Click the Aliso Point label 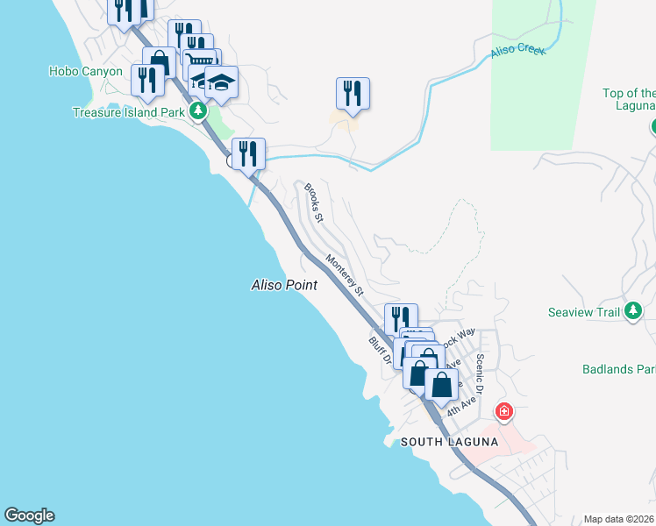(284, 285)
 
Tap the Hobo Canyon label (86, 71)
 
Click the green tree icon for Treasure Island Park (198, 111)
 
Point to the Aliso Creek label (518, 49)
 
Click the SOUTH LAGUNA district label (449, 443)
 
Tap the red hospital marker (504, 410)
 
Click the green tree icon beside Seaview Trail (634, 311)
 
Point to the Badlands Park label (618, 369)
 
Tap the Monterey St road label (344, 274)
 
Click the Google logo (29, 515)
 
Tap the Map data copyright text (619, 519)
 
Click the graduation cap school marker (222, 82)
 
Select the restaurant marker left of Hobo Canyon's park (146, 80)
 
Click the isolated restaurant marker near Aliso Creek (353, 93)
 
